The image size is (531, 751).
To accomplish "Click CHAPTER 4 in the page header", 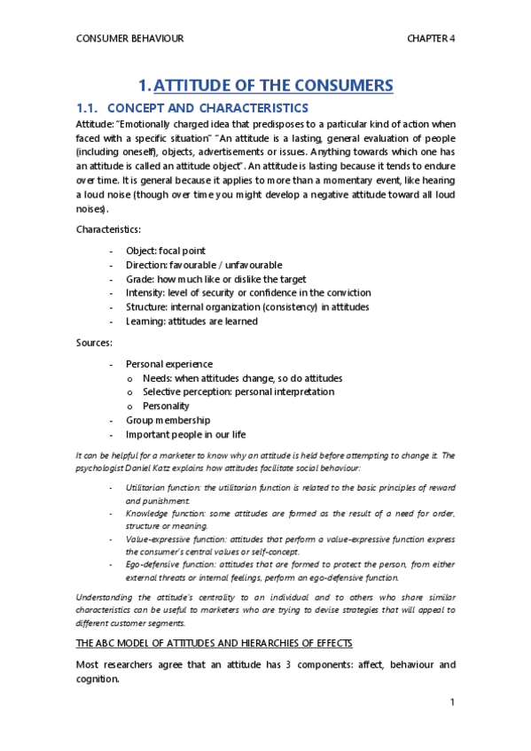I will click(x=430, y=39).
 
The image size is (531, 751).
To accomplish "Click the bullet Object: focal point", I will click(x=165, y=251).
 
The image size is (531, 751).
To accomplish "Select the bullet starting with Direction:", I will click(x=204, y=265).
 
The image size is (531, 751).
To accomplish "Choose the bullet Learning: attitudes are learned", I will click(x=191, y=321).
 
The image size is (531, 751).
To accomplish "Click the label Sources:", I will click(x=94, y=342).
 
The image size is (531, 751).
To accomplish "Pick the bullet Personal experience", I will click(x=169, y=364).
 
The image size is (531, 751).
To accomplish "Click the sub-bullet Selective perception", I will click(x=238, y=391).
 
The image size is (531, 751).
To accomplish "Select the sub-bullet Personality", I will click(x=166, y=406).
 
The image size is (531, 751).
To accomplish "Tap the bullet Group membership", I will click(x=168, y=420).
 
